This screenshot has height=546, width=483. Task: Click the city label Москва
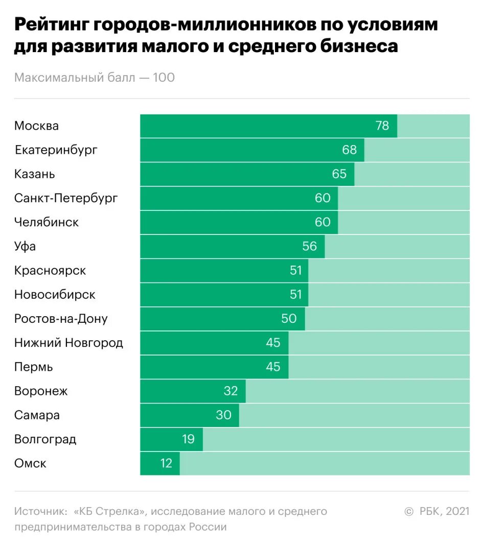pos(36,126)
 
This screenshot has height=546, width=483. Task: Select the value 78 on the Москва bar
pos(382,126)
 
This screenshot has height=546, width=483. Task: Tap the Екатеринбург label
pos(56,150)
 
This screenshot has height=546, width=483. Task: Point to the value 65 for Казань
pos(339,174)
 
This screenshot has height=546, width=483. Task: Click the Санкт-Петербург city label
pos(66,198)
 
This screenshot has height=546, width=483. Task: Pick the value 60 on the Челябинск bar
pos(323,222)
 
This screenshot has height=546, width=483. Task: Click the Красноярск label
pos(50,271)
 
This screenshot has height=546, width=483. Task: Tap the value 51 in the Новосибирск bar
pos(296,295)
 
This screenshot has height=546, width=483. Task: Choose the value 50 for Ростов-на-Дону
pos(289,319)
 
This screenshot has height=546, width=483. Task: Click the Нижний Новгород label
pos(68,343)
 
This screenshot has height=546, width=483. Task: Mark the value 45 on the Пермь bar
pos(273,367)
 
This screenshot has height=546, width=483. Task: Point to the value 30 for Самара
pos(223,415)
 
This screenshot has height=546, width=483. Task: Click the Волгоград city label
pos(45,439)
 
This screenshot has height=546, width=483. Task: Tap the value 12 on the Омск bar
pos(166,463)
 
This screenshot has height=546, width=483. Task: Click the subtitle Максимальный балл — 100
pos(95,78)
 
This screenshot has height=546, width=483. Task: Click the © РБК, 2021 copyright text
pos(436,512)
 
